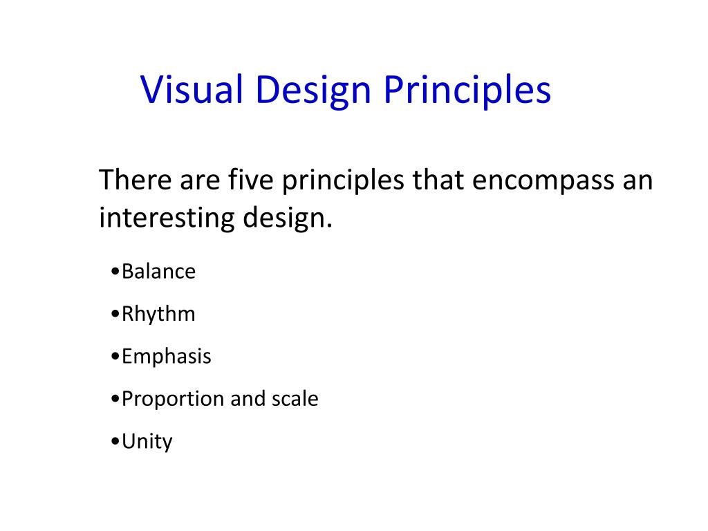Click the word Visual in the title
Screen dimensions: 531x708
pos(193,91)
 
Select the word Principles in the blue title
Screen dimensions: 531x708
pos(467,91)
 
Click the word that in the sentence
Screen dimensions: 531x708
pos(437,180)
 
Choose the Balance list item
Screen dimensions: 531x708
pos(158,271)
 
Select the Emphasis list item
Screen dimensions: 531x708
pos(166,357)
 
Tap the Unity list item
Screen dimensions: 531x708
pos(147,442)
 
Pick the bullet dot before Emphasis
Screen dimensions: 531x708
pos(114,357)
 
